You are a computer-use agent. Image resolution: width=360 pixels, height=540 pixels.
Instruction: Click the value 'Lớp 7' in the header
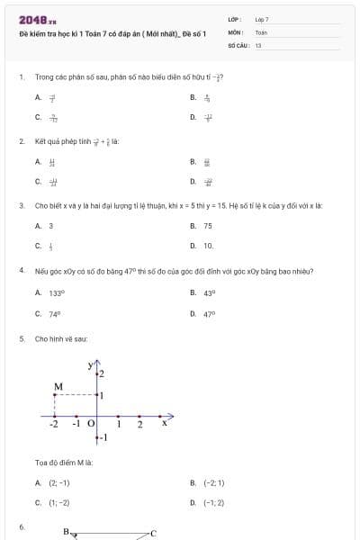pos(262,19)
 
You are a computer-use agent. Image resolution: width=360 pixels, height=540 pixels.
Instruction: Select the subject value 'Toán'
pos(261,31)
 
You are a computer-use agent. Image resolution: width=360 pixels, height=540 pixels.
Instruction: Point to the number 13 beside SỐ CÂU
pos(258,44)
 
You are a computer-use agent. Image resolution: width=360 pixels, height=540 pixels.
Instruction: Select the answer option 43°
pos(209,292)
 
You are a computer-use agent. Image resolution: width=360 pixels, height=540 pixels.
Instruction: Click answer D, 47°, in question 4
pos(209,314)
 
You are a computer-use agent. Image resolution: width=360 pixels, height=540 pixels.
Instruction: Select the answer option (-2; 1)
pos(214,482)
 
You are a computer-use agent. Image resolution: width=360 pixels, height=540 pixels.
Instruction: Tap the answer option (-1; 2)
pos(214,503)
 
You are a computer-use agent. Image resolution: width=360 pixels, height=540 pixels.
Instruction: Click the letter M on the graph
pos(58,387)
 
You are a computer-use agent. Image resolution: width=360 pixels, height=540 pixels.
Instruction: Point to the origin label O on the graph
pos(91,423)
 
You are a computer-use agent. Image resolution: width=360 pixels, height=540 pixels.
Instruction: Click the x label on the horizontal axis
pos(164,422)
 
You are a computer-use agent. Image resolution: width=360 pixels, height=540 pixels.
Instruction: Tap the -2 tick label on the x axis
pos(55,424)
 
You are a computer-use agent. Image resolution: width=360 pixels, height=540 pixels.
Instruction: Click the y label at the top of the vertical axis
pos(91,364)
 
